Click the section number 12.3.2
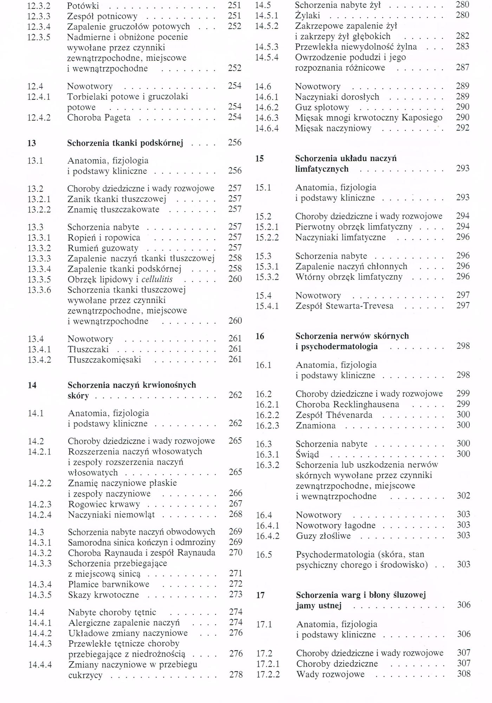39,6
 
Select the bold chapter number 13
32,143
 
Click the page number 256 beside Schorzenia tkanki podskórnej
234,143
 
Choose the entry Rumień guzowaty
103,248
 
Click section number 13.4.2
39,360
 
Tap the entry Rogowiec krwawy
104,504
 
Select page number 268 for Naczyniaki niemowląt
235,514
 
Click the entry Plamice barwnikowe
109,584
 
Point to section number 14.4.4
40,665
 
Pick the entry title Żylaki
307,16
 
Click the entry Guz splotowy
322,107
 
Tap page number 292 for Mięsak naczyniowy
462,128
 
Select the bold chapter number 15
259,159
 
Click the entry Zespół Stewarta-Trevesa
344,306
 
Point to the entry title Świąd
307,454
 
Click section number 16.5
264,555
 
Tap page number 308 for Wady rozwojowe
464,674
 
